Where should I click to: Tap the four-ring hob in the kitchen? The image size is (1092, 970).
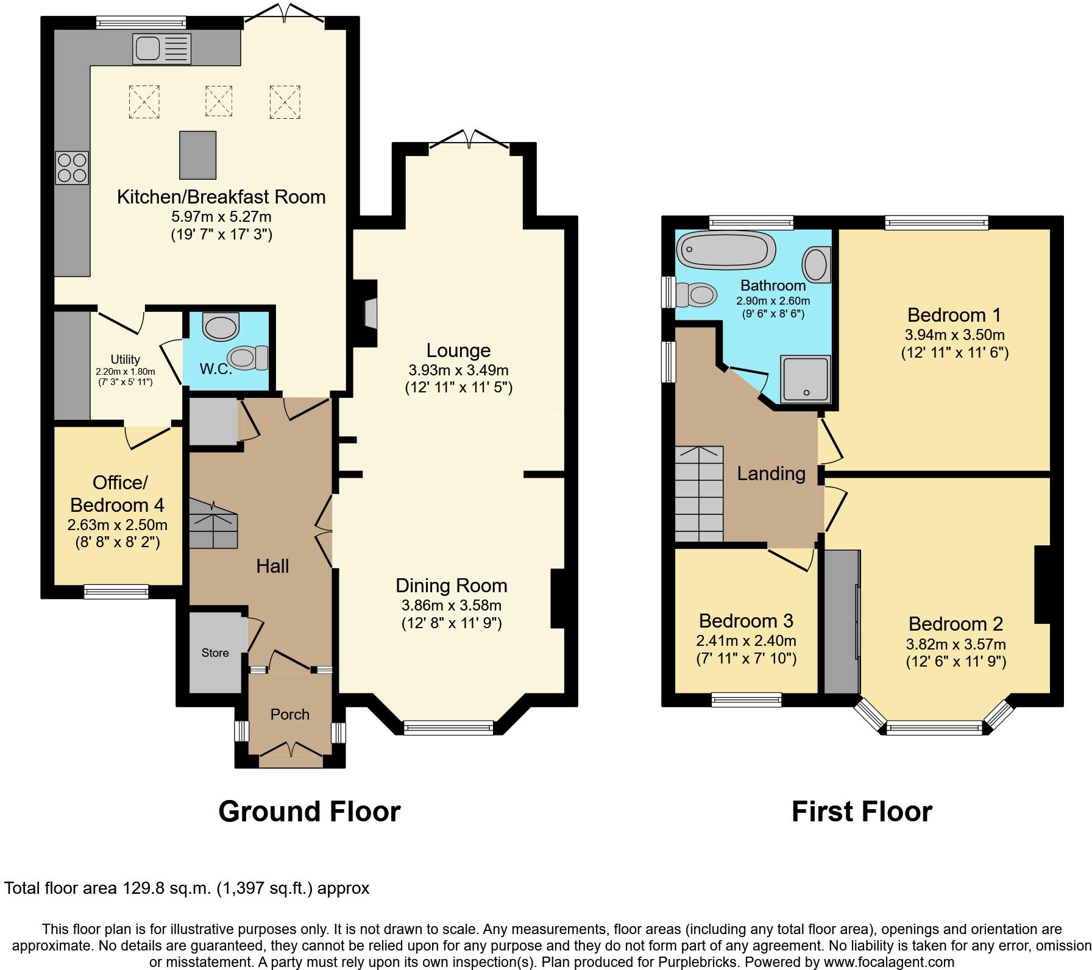point(72,168)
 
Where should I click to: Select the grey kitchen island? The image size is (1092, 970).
point(198,155)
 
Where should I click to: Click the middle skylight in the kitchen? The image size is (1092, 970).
point(218,101)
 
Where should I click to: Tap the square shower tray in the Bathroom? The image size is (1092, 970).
point(806,379)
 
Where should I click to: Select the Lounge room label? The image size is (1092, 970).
point(458,350)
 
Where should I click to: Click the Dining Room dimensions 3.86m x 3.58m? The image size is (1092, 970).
point(451,605)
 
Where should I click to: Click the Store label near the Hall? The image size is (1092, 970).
point(215,653)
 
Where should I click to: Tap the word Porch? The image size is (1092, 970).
point(290,714)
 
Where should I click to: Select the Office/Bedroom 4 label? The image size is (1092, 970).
point(118,494)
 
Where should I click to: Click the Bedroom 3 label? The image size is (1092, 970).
point(746,620)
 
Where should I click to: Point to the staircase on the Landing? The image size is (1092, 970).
point(699,494)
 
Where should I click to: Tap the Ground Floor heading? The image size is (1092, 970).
point(309,812)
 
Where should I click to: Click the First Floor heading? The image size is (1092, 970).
point(861,812)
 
